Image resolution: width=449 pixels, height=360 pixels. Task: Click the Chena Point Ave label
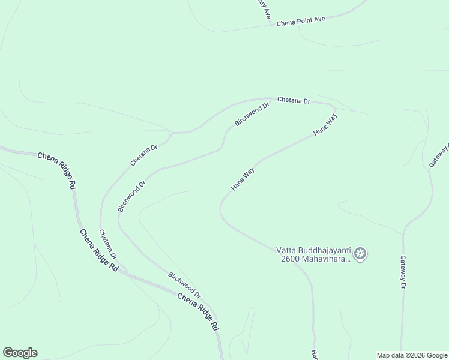[x=301, y=20]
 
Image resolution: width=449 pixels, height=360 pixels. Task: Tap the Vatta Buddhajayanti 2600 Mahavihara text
[x=312, y=254]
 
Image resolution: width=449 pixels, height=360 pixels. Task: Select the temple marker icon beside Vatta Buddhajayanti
[x=360, y=254]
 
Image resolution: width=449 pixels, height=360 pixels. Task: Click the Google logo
[x=20, y=353]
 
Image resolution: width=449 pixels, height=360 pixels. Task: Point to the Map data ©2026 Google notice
[x=412, y=355]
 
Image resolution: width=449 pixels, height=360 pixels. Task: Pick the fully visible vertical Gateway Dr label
[x=403, y=272]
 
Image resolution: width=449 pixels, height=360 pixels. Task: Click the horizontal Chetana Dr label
[x=293, y=101]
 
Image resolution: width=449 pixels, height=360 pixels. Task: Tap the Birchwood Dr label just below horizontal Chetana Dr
[x=252, y=113]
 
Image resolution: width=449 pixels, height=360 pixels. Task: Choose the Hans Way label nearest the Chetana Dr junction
[x=325, y=124]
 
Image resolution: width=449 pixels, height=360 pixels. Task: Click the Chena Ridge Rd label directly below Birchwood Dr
[x=197, y=311]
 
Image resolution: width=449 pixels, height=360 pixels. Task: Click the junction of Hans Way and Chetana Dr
[x=334, y=109]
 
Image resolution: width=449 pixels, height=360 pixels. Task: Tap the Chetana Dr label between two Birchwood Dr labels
[x=143, y=155]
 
